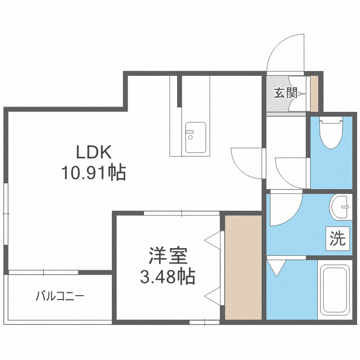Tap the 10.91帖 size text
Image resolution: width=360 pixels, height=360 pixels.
pos(94,172)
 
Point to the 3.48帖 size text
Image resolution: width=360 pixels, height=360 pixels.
pos(167,276)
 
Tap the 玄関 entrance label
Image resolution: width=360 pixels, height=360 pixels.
pos(286,93)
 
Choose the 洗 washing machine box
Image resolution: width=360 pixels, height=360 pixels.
pos(337,239)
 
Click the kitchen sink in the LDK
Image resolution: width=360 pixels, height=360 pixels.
pos(195,138)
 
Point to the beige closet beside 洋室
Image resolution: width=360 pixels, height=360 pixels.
pos(243,267)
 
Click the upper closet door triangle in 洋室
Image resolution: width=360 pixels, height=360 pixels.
pos(215,239)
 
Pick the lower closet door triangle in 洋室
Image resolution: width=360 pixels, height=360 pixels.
pos(215,294)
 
